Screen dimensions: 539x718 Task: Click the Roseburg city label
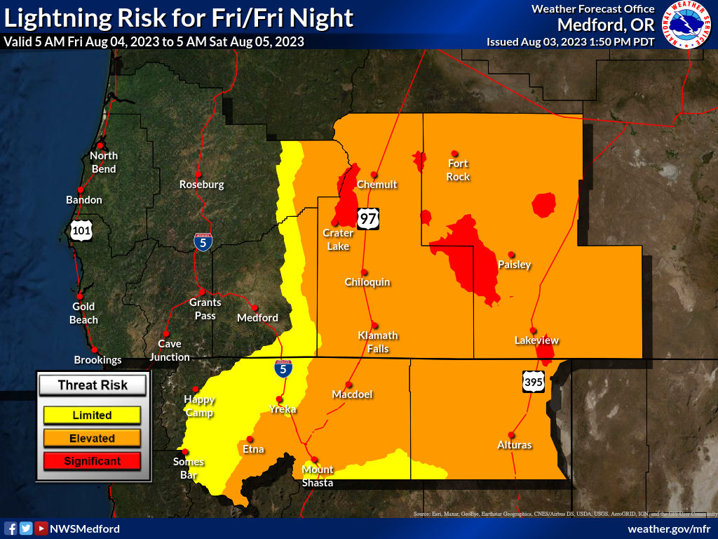(x=202, y=185)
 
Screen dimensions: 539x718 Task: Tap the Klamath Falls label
(x=378, y=342)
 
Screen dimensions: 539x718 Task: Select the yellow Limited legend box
(x=92, y=415)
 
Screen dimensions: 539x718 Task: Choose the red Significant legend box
(x=92, y=461)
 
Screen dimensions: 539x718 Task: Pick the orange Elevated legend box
(x=92, y=438)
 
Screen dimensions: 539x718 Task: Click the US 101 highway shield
(x=81, y=230)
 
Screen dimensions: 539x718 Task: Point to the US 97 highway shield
(x=367, y=218)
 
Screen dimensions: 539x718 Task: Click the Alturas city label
(x=514, y=445)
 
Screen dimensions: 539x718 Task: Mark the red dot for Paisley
(x=512, y=254)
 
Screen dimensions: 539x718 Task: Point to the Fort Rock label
(x=458, y=170)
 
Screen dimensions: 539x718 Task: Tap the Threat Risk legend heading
(x=93, y=385)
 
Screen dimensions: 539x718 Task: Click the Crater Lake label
(x=337, y=239)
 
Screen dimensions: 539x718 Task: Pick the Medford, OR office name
(x=605, y=25)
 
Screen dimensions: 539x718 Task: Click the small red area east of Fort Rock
(x=544, y=206)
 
